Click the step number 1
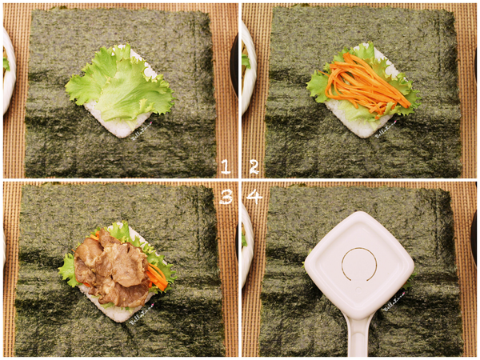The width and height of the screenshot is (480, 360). [225, 166]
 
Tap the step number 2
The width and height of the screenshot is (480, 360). [254, 166]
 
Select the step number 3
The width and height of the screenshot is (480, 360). [225, 196]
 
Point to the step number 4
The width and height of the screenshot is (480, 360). [254, 196]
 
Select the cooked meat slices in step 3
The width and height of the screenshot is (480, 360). [112, 268]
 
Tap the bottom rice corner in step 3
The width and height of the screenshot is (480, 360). [116, 313]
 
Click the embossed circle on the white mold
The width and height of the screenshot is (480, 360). [359, 263]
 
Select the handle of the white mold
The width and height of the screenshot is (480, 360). [358, 336]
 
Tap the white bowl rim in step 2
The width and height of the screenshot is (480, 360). [245, 64]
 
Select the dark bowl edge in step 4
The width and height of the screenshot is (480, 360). [474, 240]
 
